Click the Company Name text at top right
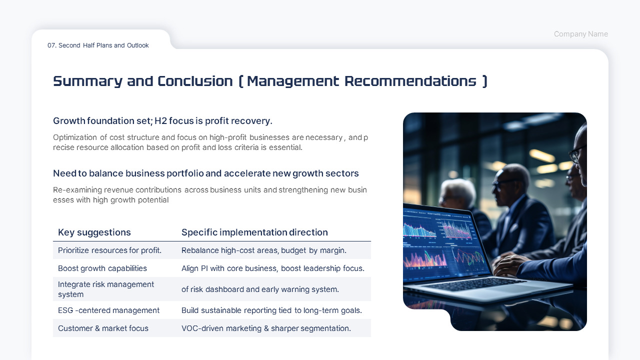pyautogui.click(x=580, y=34)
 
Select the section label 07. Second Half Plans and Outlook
pyautogui.click(x=98, y=45)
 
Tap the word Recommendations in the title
pyautogui.click(x=410, y=81)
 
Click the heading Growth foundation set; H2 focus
pyautogui.click(x=162, y=121)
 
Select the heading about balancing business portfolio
pyautogui.click(x=205, y=173)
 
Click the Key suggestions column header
pyautogui.click(x=94, y=232)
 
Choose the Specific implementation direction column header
pyautogui.click(x=254, y=232)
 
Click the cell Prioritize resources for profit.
pyautogui.click(x=109, y=250)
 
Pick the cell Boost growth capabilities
pyautogui.click(x=102, y=268)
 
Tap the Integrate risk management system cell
pyautogui.click(x=106, y=289)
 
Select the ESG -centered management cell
pyautogui.click(x=108, y=310)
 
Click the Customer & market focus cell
pyautogui.click(x=103, y=328)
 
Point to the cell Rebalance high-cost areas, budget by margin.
pyautogui.click(x=263, y=250)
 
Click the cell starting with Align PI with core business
pyautogui.click(x=272, y=268)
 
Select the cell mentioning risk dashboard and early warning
pyautogui.click(x=260, y=289)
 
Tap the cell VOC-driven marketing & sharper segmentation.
pyautogui.click(x=266, y=328)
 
